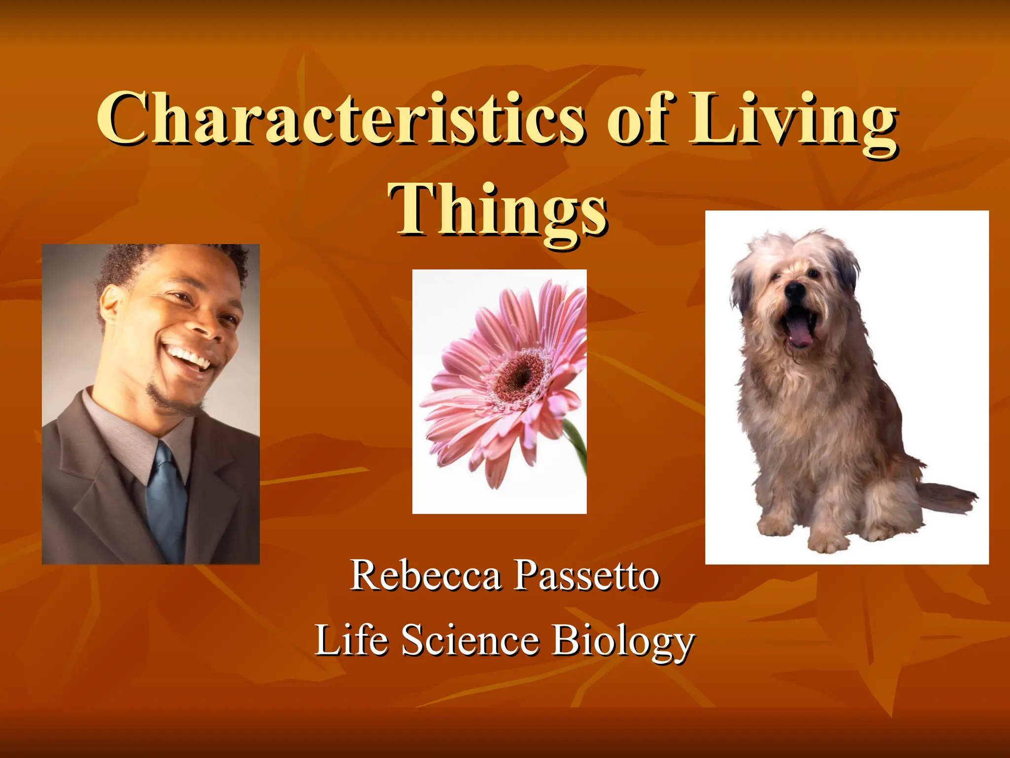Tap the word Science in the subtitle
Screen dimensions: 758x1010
click(x=470, y=640)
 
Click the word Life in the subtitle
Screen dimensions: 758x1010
click(x=351, y=640)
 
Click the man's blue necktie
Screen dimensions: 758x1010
click(x=166, y=498)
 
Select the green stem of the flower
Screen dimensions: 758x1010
click(x=577, y=444)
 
